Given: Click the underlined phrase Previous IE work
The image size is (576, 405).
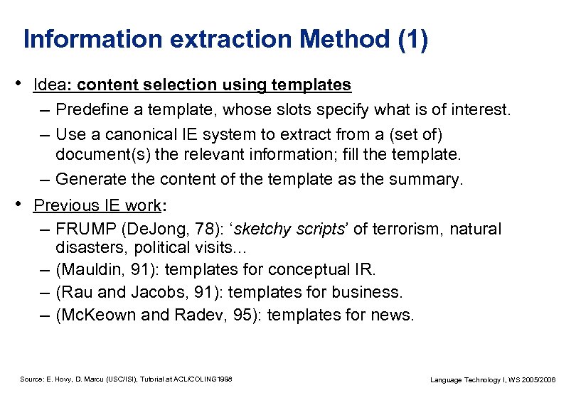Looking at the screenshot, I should (97, 205).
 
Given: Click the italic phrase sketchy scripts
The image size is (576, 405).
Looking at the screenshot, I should (289, 229).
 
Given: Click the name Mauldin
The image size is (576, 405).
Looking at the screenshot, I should (90, 270).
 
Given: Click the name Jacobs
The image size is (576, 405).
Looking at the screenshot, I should (156, 292).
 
